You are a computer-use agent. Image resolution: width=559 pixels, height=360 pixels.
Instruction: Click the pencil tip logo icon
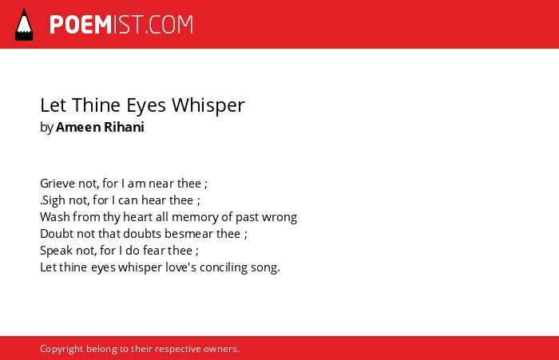[24, 25]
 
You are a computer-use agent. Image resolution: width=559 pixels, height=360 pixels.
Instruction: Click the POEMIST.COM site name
[121, 25]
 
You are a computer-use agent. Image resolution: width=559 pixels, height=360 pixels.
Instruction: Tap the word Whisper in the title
[208, 106]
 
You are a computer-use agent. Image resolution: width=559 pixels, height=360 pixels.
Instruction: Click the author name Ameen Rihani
[100, 127]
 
